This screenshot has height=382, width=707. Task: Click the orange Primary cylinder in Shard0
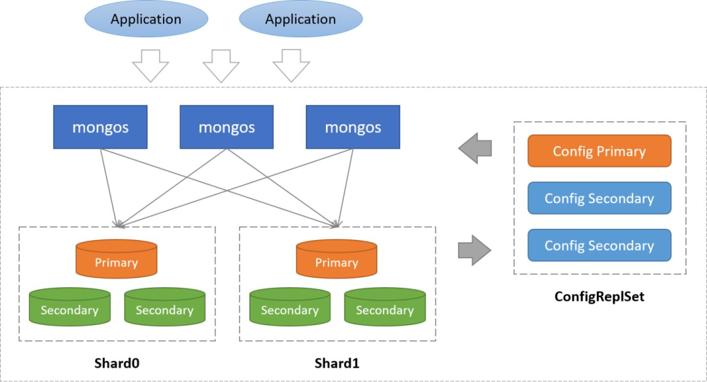pos(117,260)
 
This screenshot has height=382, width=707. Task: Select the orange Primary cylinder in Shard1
pos(336,260)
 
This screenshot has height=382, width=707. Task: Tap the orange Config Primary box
pos(599,151)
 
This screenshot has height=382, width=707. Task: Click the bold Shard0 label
pos(117,362)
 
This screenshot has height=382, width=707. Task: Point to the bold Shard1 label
pos(336,362)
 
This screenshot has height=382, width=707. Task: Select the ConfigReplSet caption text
pos(599,296)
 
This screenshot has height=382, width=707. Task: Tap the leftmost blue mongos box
pos(100,127)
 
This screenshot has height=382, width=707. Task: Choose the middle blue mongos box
pos(227,127)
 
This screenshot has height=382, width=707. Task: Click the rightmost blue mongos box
pos(353,127)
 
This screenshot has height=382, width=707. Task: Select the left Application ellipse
pos(145,20)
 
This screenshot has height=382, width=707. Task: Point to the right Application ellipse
pos(300,20)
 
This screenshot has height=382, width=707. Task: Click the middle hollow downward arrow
pos(221,66)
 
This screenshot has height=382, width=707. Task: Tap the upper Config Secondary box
pos(599,198)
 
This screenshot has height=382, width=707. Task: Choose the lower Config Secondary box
pos(599,245)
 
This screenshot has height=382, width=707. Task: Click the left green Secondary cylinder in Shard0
pos(69,307)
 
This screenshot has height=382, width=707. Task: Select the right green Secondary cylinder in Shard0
pos(164,307)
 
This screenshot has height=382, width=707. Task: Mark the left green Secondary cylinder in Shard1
pos(289,307)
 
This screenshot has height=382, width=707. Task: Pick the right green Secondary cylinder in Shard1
pos(384,307)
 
